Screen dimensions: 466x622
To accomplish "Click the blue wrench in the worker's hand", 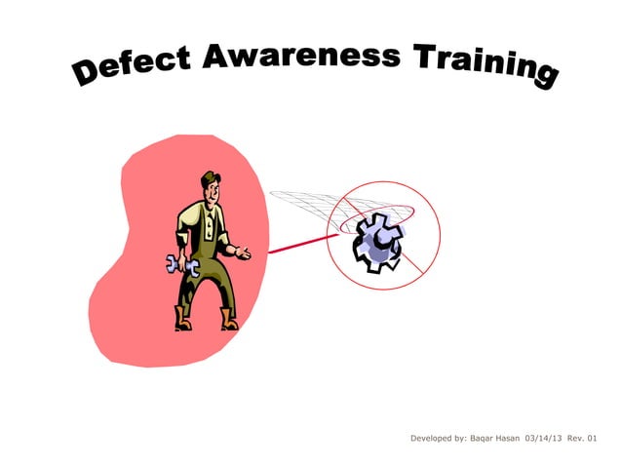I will click(x=182, y=264).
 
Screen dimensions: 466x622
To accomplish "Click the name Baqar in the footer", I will click(x=475, y=440).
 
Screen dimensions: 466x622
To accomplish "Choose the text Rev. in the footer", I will click(x=578, y=440).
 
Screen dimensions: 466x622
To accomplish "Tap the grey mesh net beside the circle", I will click(x=302, y=205).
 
